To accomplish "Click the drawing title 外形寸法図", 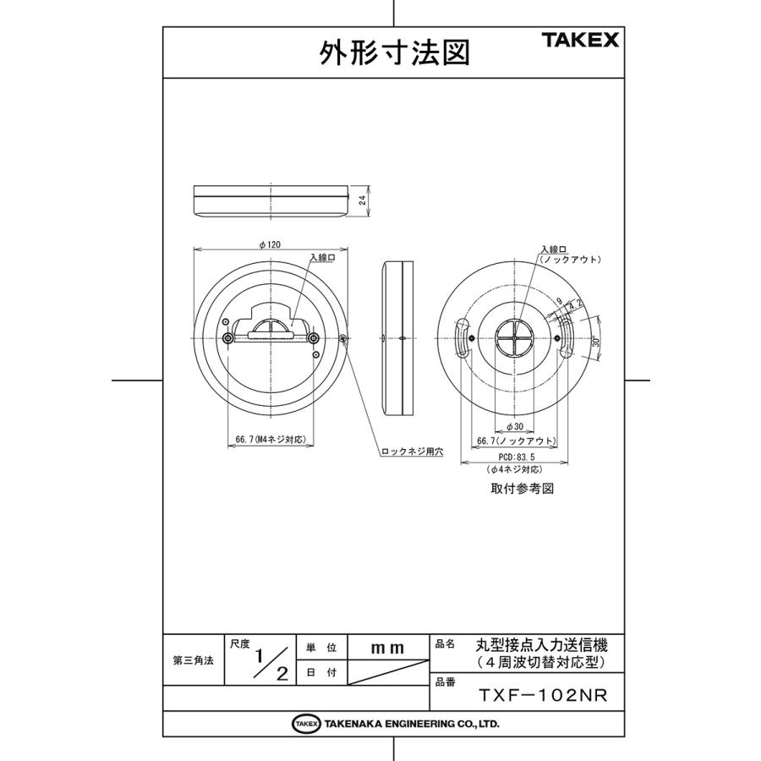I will (x=393, y=53).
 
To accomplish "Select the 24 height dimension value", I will (x=362, y=200).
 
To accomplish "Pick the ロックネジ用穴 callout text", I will (x=412, y=452).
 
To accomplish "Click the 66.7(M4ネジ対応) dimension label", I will (x=269, y=440).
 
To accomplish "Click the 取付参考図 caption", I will (x=522, y=489).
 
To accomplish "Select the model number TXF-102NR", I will (x=543, y=695).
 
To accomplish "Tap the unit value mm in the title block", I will (x=388, y=648).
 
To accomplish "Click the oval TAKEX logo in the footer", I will (x=305, y=724).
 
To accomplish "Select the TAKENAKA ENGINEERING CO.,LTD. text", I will (x=410, y=724).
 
